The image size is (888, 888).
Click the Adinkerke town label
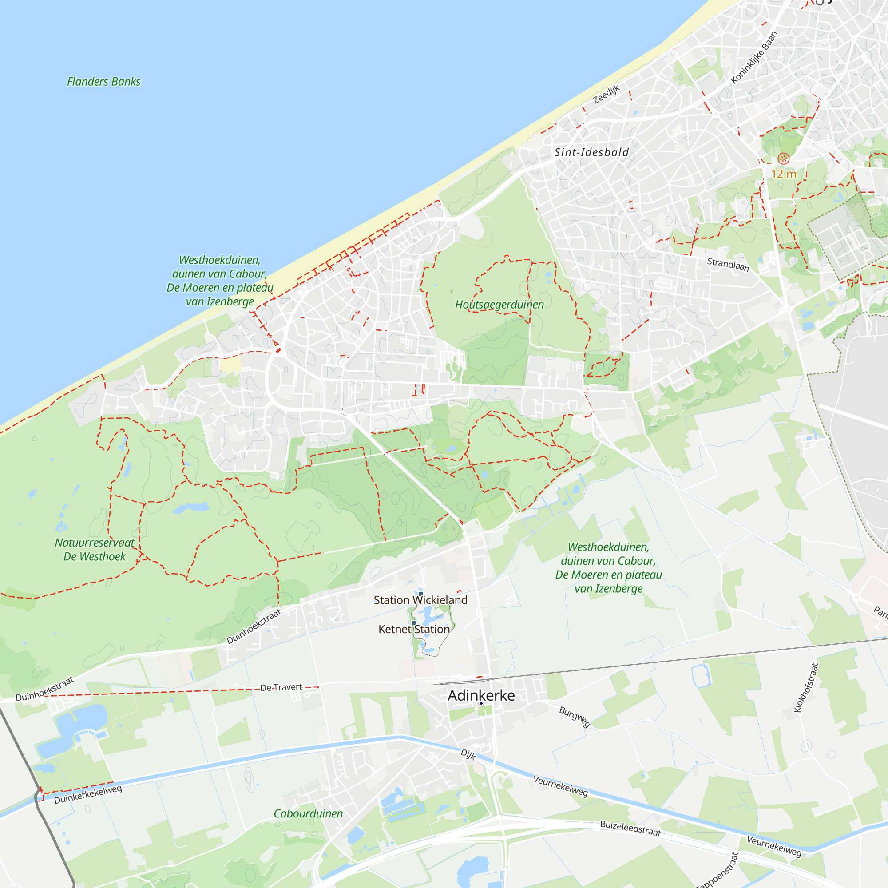[x=481, y=695]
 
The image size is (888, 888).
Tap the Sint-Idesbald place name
[x=591, y=153]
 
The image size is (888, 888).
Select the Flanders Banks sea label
[x=103, y=82]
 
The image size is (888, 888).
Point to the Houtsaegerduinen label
[x=499, y=305]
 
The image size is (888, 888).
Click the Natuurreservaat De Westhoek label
[x=94, y=550]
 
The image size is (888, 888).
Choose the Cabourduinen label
[x=308, y=814]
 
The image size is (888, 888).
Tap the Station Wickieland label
[x=420, y=600]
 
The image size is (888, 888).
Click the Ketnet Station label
[x=414, y=629]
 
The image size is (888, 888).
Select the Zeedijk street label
[x=606, y=95]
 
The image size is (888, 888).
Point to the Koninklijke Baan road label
[x=754, y=58]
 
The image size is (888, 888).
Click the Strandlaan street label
[x=728, y=264]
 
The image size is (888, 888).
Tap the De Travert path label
[x=281, y=688]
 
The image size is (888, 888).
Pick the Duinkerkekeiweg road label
[x=88, y=795]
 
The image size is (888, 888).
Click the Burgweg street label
[x=574, y=717]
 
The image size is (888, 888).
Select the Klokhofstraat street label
[x=806, y=688]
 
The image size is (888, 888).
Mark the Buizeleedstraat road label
[x=630, y=829]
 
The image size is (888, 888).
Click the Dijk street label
[x=468, y=754]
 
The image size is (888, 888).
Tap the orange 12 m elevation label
[x=783, y=174]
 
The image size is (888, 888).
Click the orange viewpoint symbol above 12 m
[x=783, y=159]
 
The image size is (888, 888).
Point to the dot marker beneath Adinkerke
[x=481, y=704]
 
